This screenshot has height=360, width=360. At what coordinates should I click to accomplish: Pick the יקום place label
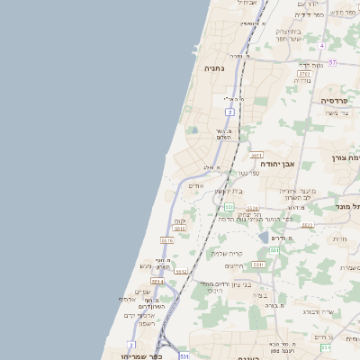coord(179,221)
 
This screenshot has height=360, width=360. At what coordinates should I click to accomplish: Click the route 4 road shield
coord(321,44)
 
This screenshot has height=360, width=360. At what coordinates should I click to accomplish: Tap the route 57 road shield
coord(332,62)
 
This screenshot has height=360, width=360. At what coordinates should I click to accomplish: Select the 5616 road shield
coord(166,241)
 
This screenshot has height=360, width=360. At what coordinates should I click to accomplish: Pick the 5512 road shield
coord(181,271)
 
